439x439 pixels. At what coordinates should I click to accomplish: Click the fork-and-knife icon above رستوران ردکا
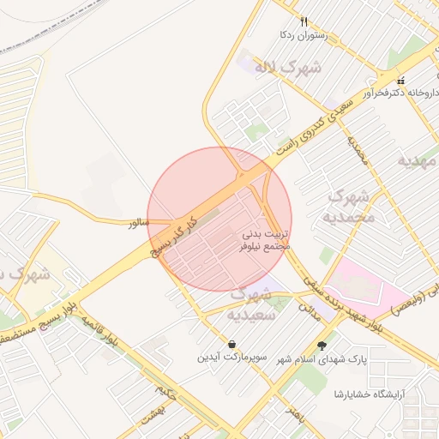click(x=304, y=21)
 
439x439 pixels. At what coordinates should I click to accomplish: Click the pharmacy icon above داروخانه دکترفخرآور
click(x=400, y=81)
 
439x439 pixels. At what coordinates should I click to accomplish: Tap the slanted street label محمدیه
click(x=357, y=148)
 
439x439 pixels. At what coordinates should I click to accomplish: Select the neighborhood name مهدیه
click(x=418, y=160)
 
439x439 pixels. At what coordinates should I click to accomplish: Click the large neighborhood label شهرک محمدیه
click(x=352, y=207)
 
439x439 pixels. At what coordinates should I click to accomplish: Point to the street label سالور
click(x=138, y=223)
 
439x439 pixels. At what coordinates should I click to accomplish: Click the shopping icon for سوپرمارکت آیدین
click(x=232, y=344)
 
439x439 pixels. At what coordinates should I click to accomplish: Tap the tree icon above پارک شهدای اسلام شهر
click(x=322, y=346)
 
